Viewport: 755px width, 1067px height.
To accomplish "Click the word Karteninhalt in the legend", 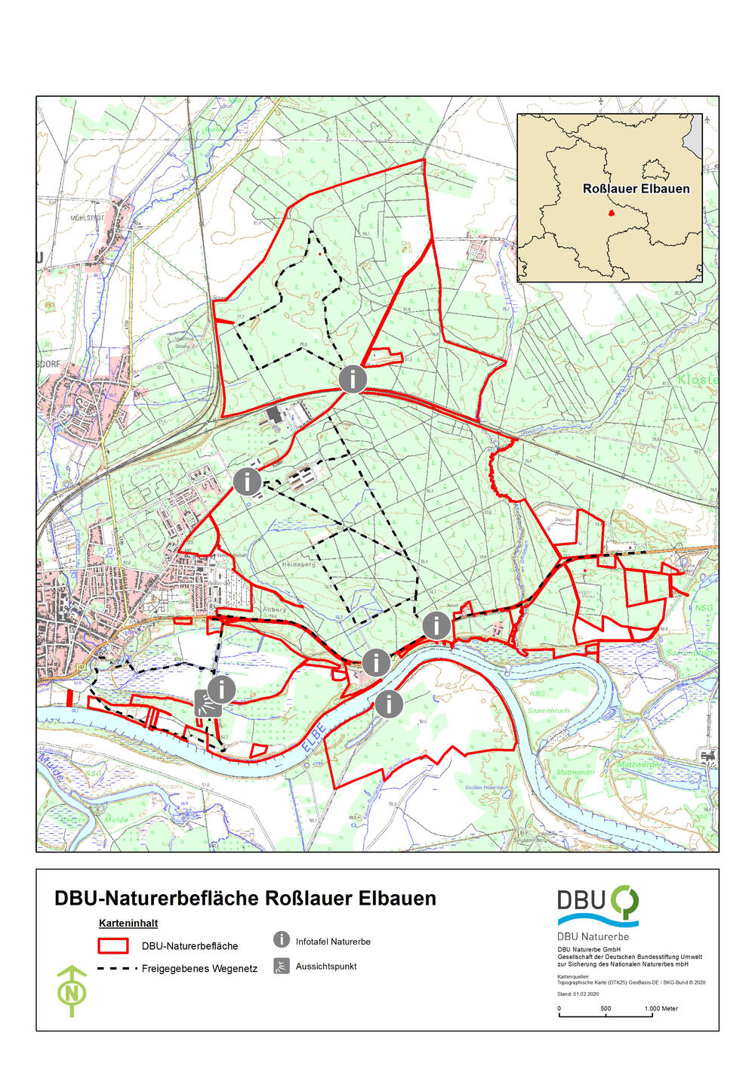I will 128,923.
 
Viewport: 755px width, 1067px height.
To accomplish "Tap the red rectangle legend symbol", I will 112,945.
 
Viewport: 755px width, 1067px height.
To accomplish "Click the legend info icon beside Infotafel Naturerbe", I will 281,940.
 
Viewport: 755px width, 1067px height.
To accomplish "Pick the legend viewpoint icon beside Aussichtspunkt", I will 281,966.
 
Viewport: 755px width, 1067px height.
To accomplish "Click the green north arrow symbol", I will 72,990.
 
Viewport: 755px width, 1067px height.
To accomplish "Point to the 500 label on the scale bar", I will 606,1009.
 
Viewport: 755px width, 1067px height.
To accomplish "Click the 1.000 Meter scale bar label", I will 661,1009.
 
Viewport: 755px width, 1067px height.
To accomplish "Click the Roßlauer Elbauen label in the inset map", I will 636,189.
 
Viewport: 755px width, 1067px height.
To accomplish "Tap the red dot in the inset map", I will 612,213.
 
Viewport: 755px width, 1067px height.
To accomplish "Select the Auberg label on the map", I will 274,609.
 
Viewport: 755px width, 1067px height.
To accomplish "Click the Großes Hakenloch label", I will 483,788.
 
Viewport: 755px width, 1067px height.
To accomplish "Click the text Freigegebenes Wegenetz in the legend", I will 199,968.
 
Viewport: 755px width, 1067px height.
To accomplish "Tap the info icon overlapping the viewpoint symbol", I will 222,689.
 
